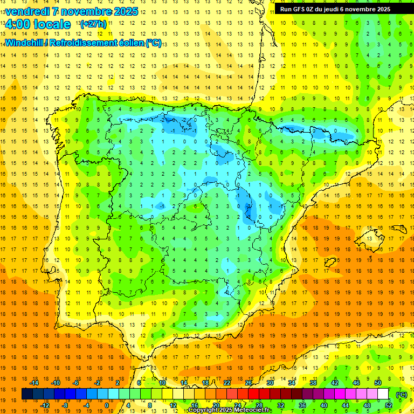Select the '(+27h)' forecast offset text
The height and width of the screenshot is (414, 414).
[x=93, y=24]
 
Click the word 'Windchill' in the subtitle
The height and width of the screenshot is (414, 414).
[x=24, y=43]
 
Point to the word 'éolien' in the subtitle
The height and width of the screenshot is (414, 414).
[x=127, y=43]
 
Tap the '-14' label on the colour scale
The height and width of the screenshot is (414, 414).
[x=34, y=383]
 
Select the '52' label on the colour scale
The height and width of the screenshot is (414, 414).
[x=389, y=405]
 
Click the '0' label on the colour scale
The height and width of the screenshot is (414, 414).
[x=107, y=405]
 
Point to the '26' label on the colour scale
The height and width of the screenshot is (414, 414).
[x=249, y=383]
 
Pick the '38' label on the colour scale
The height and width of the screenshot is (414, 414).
[x=313, y=383]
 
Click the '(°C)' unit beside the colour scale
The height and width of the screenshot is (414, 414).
[x=401, y=394]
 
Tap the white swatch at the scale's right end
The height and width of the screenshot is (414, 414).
[x=383, y=394]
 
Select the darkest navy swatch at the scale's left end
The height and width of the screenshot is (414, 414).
[x=27, y=394]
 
